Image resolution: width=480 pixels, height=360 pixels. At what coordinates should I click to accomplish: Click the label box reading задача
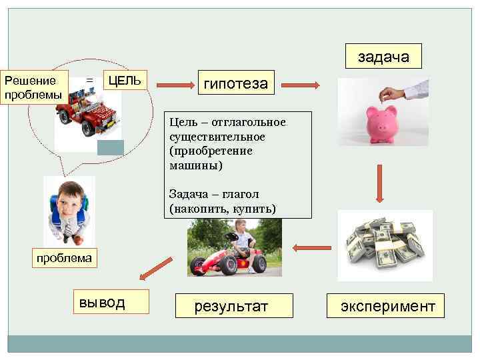pyautogui.click(x=383, y=57)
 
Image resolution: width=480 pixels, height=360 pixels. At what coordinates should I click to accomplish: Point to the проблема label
pyautogui.click(x=65, y=258)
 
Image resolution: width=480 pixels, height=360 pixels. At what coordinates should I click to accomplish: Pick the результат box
pyautogui.click(x=230, y=306)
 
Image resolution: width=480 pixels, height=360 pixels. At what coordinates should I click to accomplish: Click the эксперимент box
pyautogui.click(x=387, y=306)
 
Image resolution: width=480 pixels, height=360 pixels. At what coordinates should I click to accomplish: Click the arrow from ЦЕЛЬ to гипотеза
pyautogui.click(x=173, y=85)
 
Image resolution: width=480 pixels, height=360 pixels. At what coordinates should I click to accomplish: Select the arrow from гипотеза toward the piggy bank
pyautogui.click(x=303, y=85)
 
